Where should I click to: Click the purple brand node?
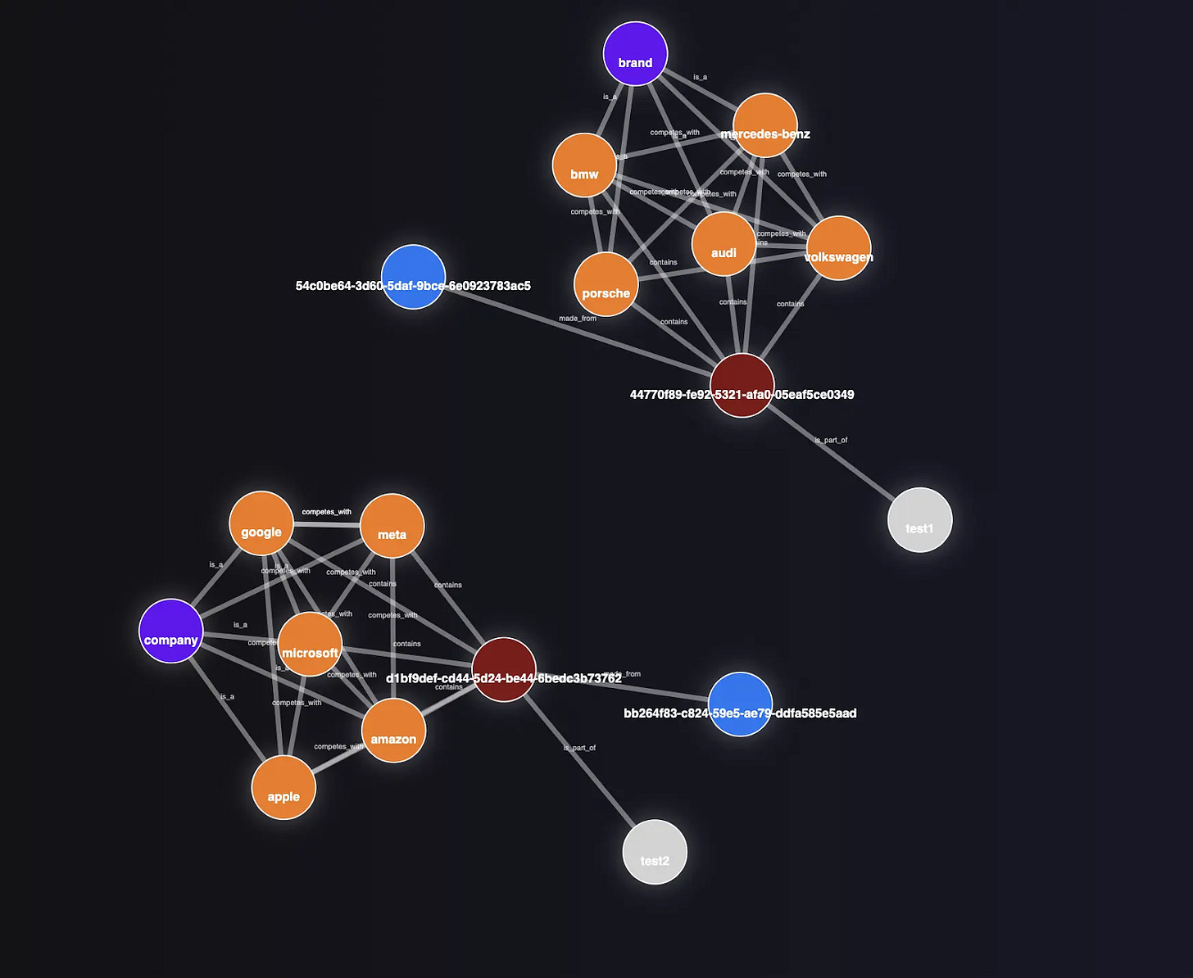click(635, 54)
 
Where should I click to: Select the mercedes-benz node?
click(765, 125)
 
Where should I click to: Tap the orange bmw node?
click(584, 165)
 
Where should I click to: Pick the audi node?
click(724, 245)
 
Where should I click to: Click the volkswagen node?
click(838, 248)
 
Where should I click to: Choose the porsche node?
click(606, 285)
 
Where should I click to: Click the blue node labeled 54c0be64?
click(414, 277)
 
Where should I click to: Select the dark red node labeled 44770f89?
click(742, 386)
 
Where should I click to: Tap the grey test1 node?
click(920, 520)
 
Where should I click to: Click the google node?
click(261, 523)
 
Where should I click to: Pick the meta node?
click(392, 526)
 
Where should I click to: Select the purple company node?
click(171, 632)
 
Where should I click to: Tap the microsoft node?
click(310, 645)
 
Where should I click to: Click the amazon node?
click(393, 731)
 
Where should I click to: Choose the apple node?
click(284, 788)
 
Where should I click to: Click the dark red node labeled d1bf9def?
click(504, 670)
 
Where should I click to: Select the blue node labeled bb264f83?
click(740, 704)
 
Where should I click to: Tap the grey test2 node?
click(655, 852)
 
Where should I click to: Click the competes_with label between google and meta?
click(326, 512)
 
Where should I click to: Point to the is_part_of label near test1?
click(831, 441)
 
